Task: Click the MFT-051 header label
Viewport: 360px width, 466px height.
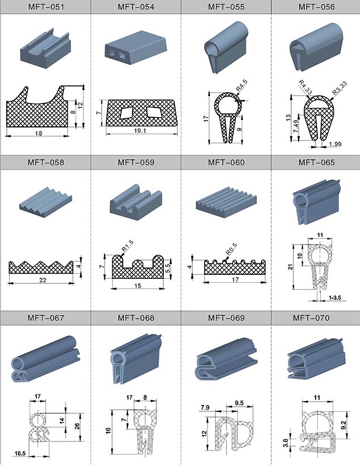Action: [x=45, y=7]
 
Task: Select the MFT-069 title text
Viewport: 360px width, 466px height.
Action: [x=226, y=318]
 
